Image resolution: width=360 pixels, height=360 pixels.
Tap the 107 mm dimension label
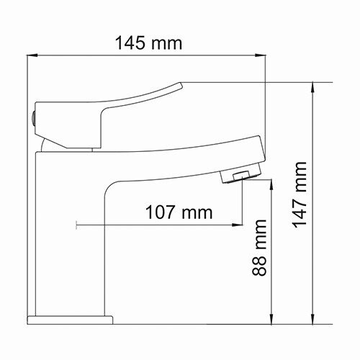(x=179, y=212)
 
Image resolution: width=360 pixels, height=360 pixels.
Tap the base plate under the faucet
(x=71, y=319)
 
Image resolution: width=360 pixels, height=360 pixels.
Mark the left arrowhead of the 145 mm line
(x=32, y=55)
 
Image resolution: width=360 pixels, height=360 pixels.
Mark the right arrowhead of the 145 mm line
(x=263, y=55)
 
